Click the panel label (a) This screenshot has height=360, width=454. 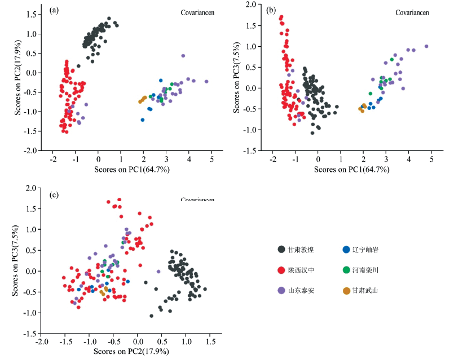pyautogui.click(x=55, y=10)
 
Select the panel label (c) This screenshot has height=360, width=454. pyautogui.click(x=54, y=195)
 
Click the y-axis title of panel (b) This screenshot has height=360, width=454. pyautogui.click(x=236, y=77)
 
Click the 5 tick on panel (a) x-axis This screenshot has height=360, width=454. pyautogui.click(x=211, y=160)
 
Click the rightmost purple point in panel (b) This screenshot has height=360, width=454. pyautogui.click(x=426, y=46)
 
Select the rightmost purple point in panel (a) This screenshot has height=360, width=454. pyautogui.click(x=206, y=82)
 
